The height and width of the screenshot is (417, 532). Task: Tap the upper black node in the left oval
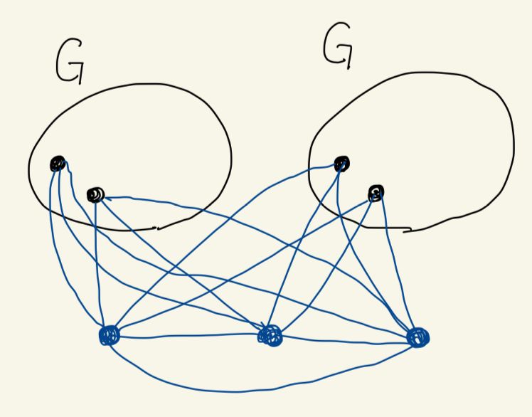tap(58, 164)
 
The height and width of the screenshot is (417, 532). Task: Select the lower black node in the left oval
tap(95, 194)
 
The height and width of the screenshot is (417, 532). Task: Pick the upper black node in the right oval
tap(342, 164)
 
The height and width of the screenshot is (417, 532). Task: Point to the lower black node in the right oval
tap(376, 192)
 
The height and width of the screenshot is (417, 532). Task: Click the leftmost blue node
tap(110, 334)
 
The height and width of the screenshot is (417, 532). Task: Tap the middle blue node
tap(271, 335)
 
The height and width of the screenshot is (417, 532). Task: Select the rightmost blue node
tap(418, 337)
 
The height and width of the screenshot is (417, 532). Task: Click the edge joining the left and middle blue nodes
tap(188, 335)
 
